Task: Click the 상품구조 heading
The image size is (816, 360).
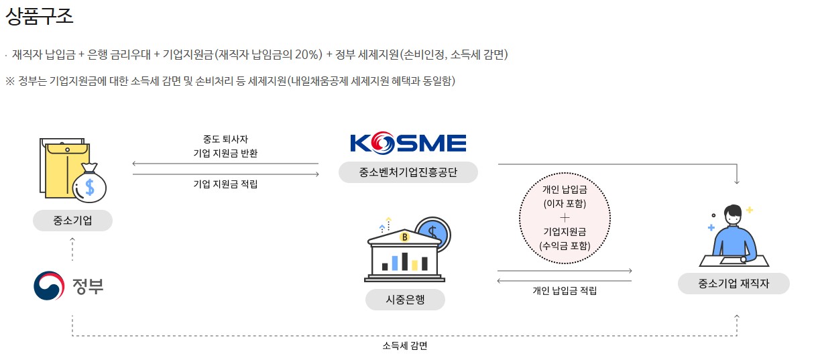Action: tap(40, 17)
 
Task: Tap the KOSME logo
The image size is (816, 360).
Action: tap(408, 143)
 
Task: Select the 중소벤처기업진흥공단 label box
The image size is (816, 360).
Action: tap(408, 172)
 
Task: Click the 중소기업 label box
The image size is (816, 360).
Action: tap(72, 221)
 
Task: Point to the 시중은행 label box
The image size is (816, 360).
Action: tap(404, 300)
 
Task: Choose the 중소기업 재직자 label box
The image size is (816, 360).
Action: tap(734, 284)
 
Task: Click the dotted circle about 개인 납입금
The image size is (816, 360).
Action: tap(565, 218)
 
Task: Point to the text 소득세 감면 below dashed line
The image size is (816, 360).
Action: tap(404, 346)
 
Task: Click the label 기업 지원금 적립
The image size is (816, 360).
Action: tap(225, 184)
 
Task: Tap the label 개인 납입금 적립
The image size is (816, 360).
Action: tap(565, 290)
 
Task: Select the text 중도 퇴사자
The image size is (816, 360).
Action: tap(225, 139)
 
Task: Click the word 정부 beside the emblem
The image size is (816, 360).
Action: tap(88, 286)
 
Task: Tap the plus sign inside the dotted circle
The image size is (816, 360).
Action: tap(565, 218)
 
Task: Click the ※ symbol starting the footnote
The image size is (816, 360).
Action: tap(9, 81)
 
